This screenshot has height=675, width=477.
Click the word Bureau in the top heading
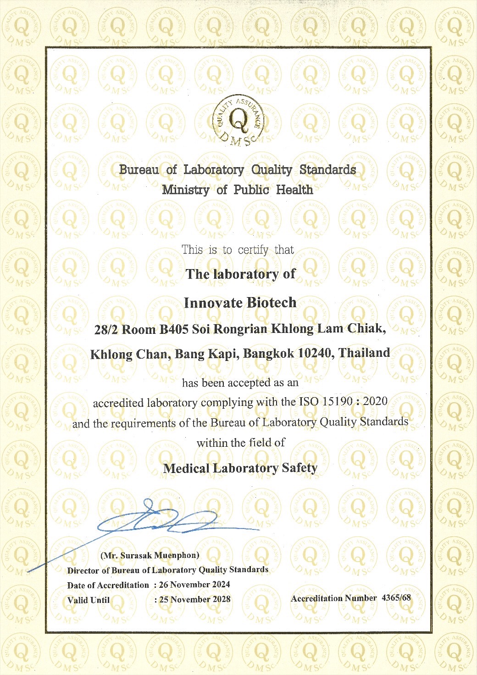click(139, 170)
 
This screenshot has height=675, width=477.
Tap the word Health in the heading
click(294, 190)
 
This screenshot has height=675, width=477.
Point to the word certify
click(253, 250)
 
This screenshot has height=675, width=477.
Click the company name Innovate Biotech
click(240, 303)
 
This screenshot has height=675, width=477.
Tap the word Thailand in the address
click(364, 353)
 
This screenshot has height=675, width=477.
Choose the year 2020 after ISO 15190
click(375, 401)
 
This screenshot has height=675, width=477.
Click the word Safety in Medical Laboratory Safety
click(300, 468)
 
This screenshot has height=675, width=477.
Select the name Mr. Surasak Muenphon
click(150, 556)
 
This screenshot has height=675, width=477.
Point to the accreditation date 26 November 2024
click(194, 585)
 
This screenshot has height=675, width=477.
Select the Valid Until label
click(89, 600)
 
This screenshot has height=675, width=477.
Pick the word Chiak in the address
click(366, 329)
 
